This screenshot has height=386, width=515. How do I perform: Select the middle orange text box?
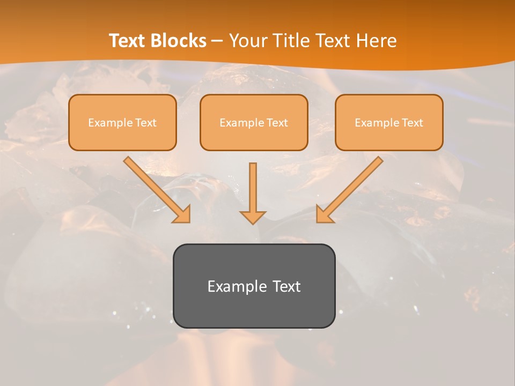[254, 136]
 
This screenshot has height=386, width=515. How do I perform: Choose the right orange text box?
[389, 136]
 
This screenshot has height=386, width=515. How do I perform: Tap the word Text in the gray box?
[286, 286]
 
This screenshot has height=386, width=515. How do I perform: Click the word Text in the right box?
[412, 123]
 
